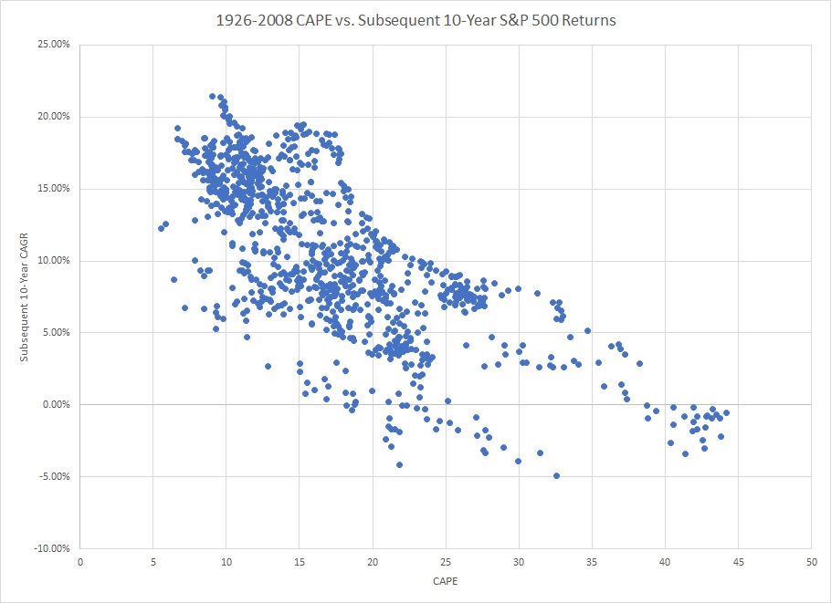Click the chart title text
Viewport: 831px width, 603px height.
point(415,20)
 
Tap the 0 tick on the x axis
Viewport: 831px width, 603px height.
point(80,561)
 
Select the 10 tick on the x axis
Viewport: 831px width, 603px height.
point(226,561)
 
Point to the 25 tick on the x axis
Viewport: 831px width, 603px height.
point(446,561)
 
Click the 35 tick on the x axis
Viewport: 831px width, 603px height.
point(592,561)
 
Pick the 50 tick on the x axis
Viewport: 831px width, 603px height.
point(811,561)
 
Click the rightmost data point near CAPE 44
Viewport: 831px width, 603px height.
point(726,412)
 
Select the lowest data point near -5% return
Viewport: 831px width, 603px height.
point(556,475)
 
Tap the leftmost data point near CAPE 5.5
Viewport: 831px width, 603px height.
point(161,228)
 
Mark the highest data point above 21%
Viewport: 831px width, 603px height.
point(212,96)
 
